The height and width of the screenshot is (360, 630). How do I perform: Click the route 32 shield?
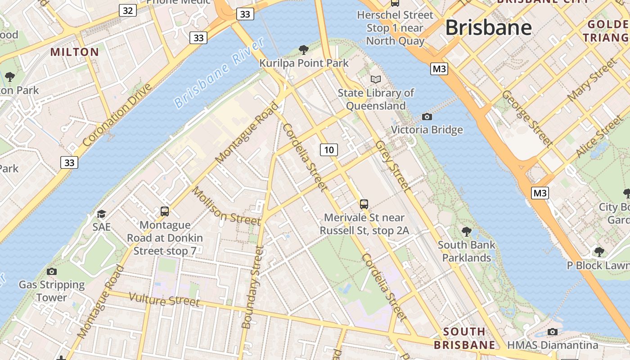(x=128, y=10)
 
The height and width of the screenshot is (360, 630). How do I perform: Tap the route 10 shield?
(x=329, y=149)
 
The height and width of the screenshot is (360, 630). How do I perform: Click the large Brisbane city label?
(x=488, y=28)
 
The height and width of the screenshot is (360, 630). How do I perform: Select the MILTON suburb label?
(x=75, y=52)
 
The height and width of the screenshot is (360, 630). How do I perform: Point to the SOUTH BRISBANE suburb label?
(x=464, y=338)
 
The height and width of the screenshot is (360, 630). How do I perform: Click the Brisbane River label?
(x=219, y=73)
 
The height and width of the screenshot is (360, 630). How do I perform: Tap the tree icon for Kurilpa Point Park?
(x=304, y=49)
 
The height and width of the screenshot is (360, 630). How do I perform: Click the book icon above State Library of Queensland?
(x=376, y=80)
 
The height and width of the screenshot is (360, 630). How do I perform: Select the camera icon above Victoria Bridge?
(x=427, y=117)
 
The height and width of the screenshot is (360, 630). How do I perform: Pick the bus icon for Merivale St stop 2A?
(x=364, y=204)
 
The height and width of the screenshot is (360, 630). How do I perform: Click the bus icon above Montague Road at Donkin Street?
(x=165, y=211)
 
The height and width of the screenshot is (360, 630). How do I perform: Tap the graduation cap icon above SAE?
(x=101, y=214)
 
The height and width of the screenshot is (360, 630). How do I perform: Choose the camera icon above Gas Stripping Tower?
(x=52, y=271)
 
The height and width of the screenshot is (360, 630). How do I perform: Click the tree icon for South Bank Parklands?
(x=467, y=232)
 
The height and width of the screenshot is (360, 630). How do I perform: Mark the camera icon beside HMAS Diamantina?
(x=553, y=332)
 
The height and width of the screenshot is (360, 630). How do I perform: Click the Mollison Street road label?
(x=226, y=206)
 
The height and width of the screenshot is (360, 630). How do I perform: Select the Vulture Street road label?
(x=164, y=299)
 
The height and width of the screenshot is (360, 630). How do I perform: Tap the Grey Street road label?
(x=393, y=166)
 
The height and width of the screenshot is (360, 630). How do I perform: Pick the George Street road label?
(x=526, y=118)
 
